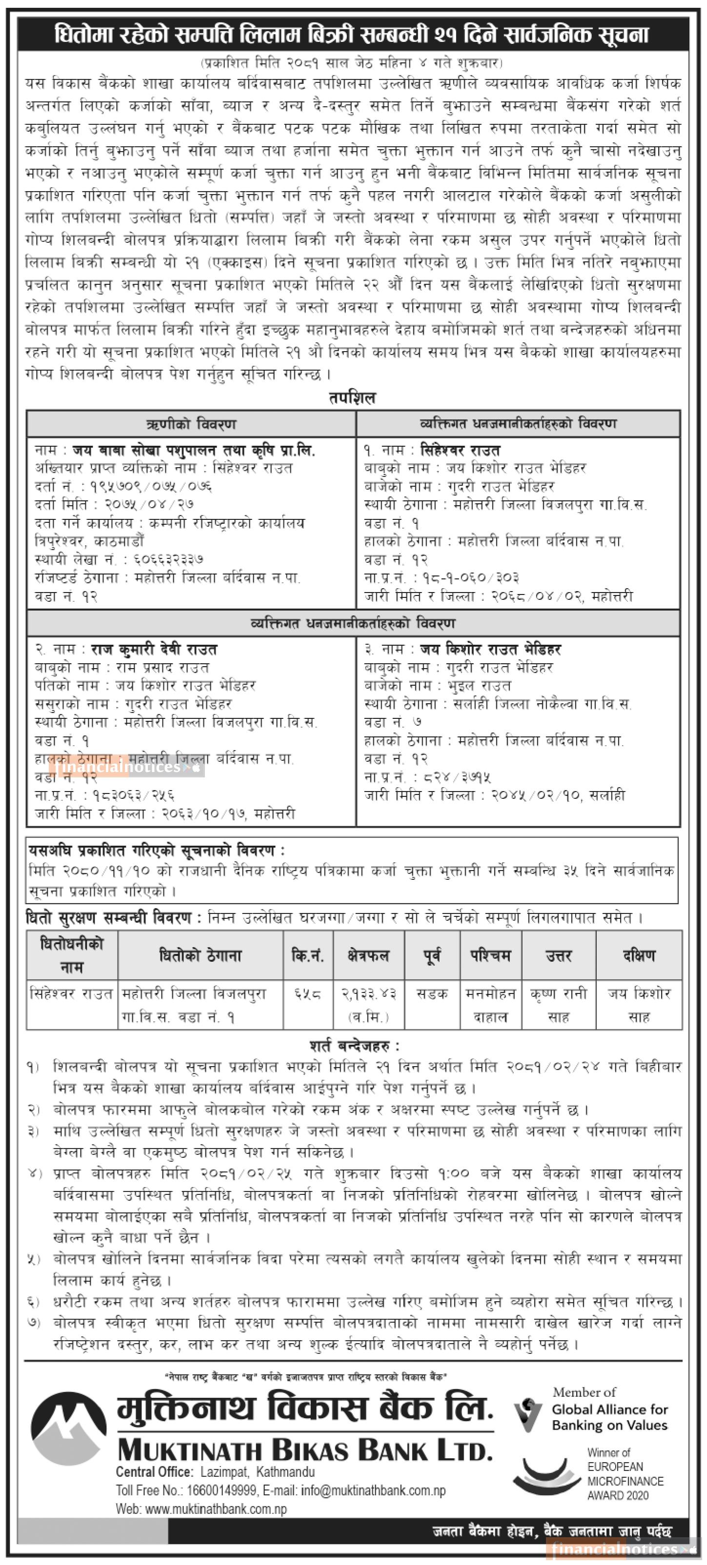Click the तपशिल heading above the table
click(x=353, y=398)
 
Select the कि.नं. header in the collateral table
click(x=307, y=956)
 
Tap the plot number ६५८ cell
click(x=307, y=994)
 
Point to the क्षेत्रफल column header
click(x=368, y=956)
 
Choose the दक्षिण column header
click(x=639, y=956)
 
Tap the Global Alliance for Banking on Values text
click(x=609, y=1417)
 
